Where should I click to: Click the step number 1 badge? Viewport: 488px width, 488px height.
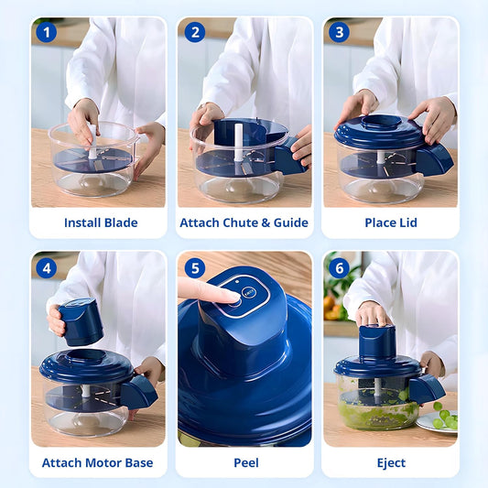[x=47, y=34]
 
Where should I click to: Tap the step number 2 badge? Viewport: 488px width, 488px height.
[x=194, y=34]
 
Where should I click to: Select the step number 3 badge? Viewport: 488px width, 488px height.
[x=339, y=34]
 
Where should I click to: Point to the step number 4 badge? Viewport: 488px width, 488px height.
[x=47, y=269]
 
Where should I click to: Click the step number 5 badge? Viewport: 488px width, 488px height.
[x=194, y=269]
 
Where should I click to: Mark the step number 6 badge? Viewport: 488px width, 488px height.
[x=339, y=269]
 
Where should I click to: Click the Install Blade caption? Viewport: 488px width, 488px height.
[x=101, y=222]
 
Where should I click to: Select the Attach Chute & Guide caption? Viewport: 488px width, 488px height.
[x=244, y=222]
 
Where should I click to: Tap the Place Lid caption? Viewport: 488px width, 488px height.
[x=390, y=222]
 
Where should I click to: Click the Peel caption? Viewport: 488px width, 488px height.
[x=244, y=462]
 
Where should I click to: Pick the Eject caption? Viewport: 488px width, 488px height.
[x=390, y=462]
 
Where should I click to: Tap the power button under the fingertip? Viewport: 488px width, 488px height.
[x=235, y=297]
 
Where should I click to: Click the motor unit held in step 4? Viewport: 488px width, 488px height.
[x=81, y=321]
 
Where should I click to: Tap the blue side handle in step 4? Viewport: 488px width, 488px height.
[x=138, y=392]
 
